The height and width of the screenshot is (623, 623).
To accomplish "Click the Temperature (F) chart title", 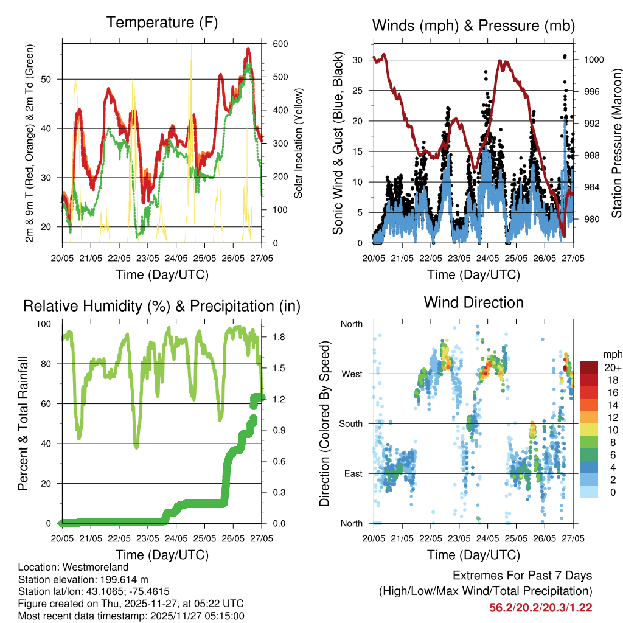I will click(162, 23).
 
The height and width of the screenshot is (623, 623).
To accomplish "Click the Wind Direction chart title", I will click(473, 302).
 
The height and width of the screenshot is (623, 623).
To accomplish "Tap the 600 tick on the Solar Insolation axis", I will click(280, 44).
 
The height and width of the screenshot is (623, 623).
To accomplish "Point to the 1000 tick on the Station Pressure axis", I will click(594, 60).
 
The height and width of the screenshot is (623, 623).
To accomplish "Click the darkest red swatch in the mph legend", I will click(589, 367).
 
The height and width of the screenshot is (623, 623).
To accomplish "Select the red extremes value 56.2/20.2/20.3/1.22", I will click(540, 607).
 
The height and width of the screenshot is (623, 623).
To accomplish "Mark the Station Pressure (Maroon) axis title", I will click(616, 142).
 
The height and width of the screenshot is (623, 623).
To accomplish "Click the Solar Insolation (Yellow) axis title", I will click(298, 142).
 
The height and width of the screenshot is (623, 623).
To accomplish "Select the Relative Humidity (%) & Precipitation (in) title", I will click(162, 306).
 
